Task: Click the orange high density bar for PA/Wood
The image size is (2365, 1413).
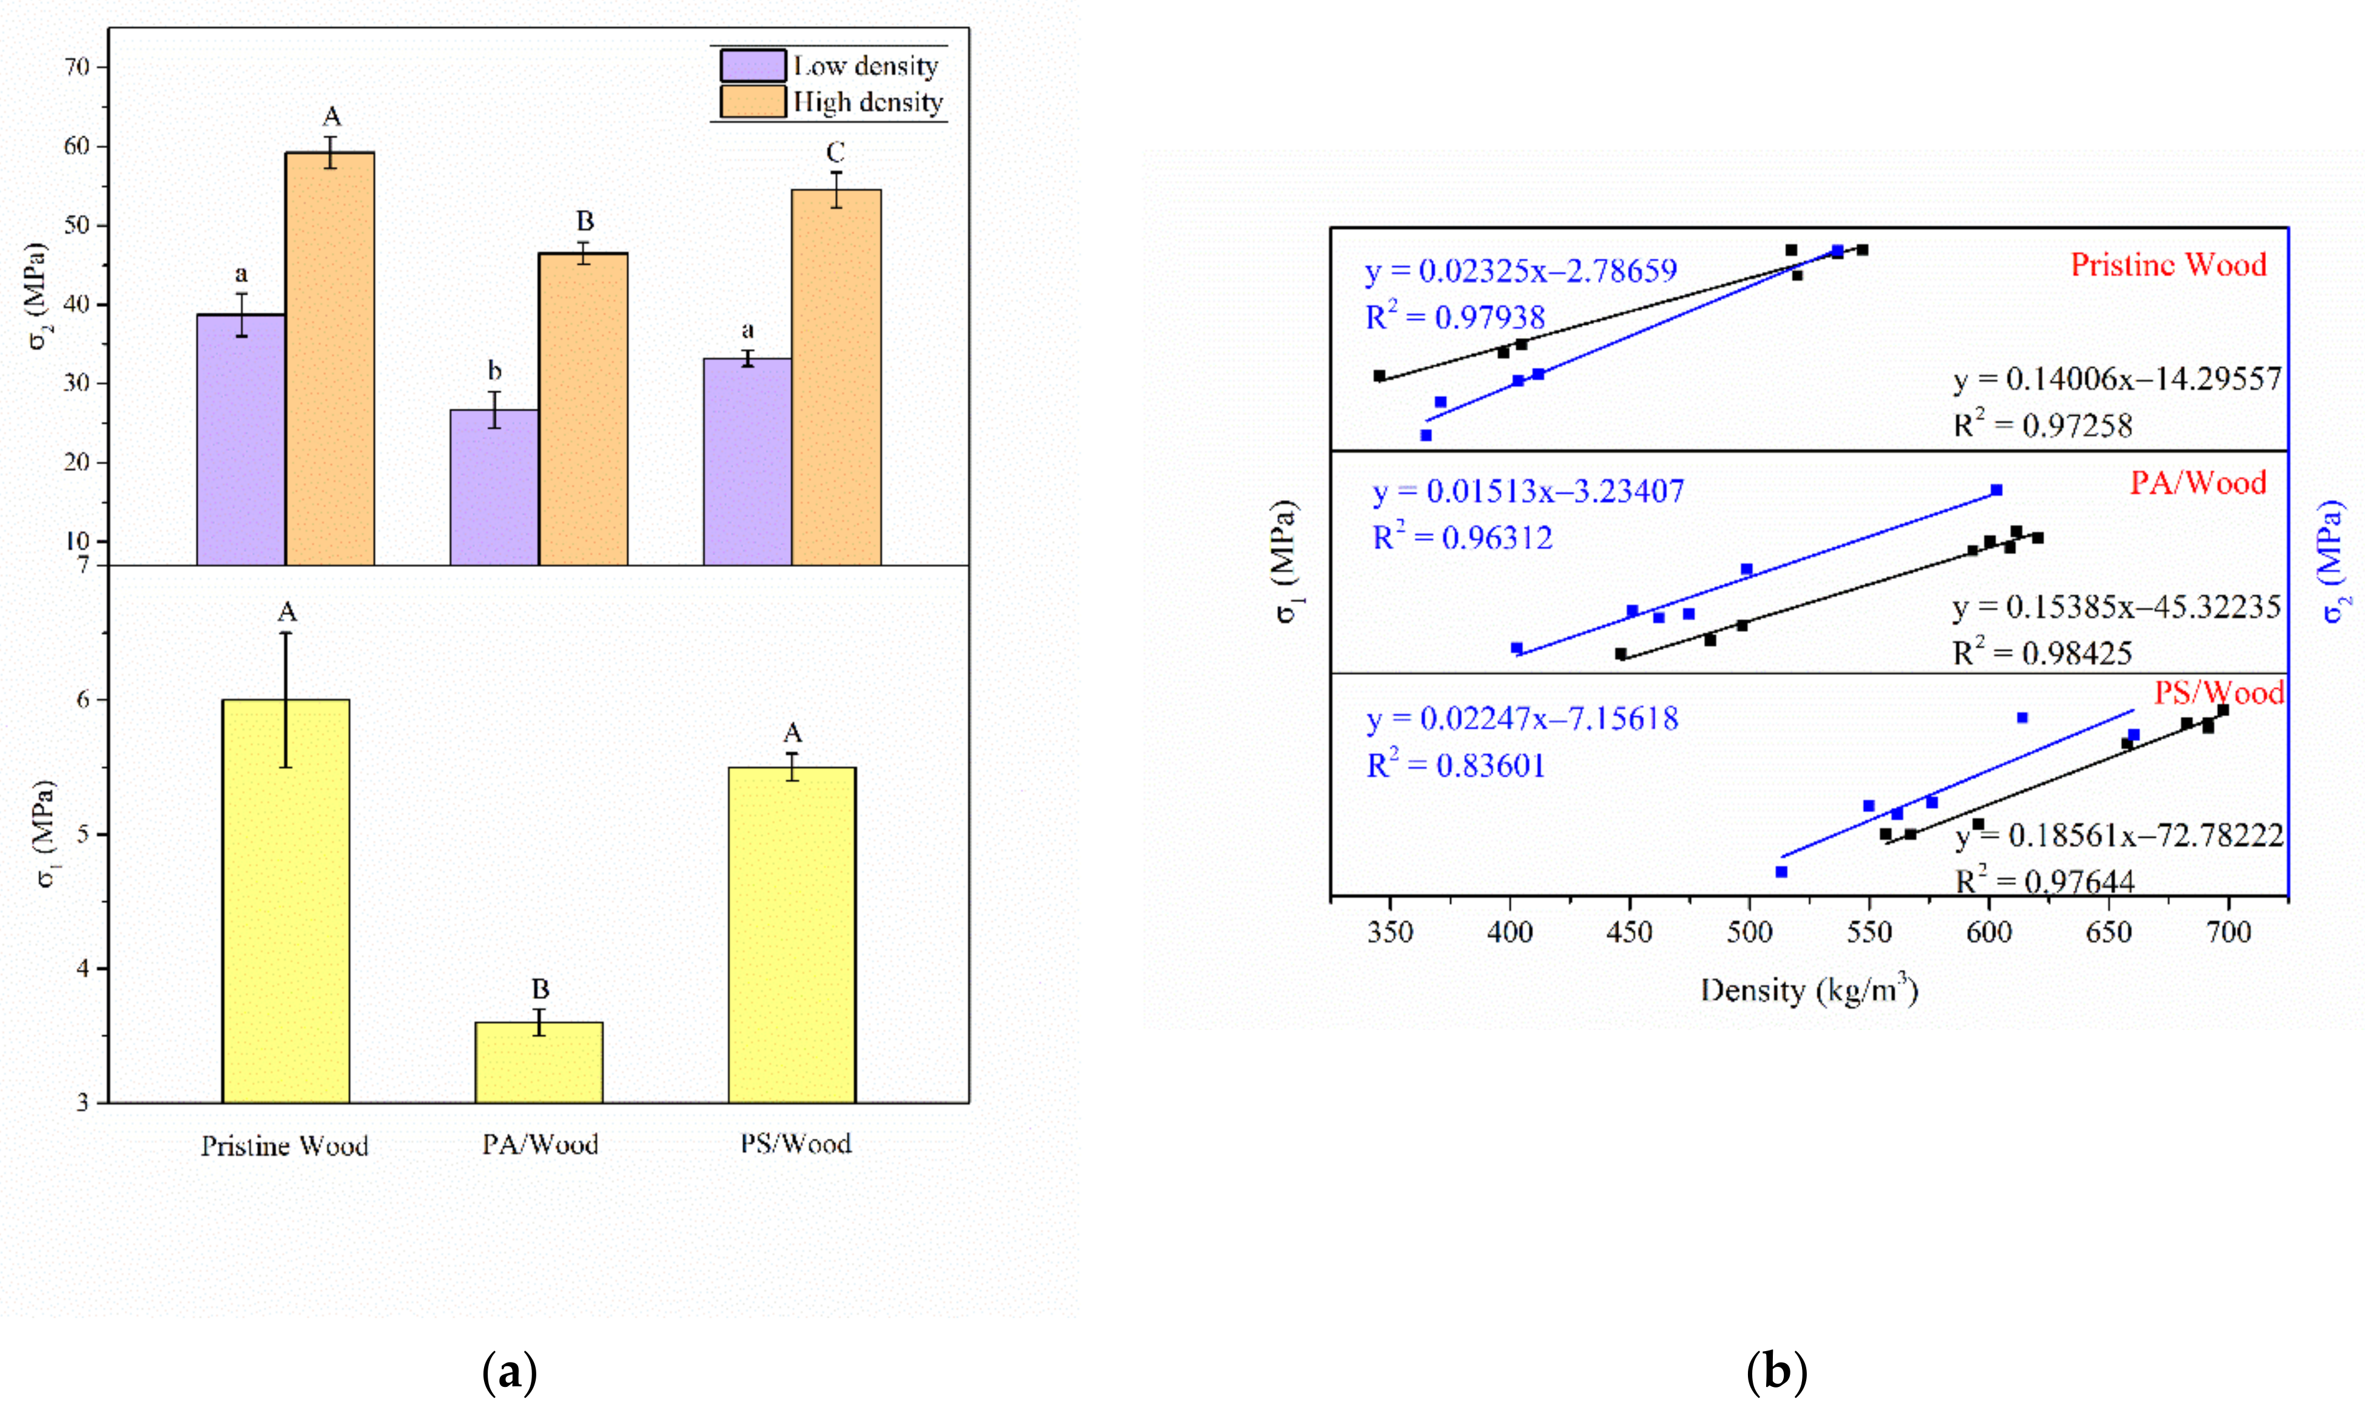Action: click(583, 410)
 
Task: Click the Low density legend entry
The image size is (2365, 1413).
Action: click(865, 66)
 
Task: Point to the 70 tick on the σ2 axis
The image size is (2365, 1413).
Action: click(78, 67)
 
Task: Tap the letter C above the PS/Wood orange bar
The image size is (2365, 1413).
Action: click(834, 152)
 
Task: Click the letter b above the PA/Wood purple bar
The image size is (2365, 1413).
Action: click(494, 370)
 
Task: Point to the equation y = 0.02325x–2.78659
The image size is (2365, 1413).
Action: click(1521, 271)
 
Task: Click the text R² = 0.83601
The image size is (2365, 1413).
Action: click(1455, 765)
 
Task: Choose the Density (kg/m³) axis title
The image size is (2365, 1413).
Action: click(1809, 991)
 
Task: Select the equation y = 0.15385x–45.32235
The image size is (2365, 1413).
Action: click(2117, 608)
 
